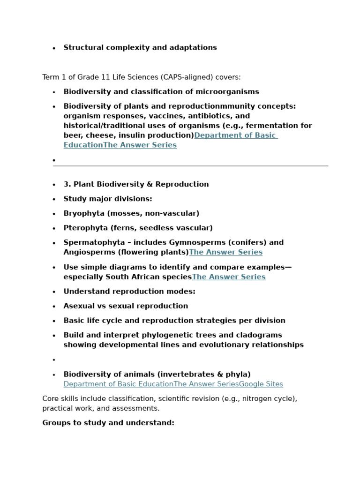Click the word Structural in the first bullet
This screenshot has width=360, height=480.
pos(82,48)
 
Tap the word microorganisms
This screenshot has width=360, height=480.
pos(228,92)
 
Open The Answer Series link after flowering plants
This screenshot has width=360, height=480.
pos(225,252)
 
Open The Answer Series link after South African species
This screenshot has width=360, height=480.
pos(229,277)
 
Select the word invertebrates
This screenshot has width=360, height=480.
pos(187,375)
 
